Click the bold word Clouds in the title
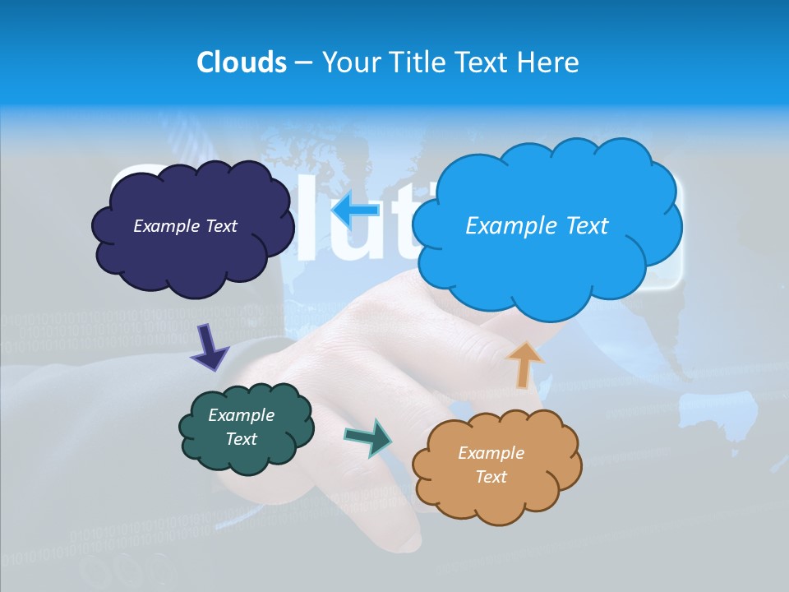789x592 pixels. tap(242, 62)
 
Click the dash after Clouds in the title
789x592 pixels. tap(302, 63)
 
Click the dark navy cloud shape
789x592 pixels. tap(191, 255)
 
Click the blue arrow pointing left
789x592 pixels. tap(355, 210)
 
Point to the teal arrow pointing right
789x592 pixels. tap(369, 437)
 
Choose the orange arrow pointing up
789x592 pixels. tap(524, 364)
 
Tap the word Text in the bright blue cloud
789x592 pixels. tap(580, 226)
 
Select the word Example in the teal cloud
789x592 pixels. tap(241, 416)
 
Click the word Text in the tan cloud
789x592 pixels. tap(491, 477)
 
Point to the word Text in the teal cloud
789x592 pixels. tap(241, 439)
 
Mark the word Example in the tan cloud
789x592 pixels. tap(491, 453)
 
